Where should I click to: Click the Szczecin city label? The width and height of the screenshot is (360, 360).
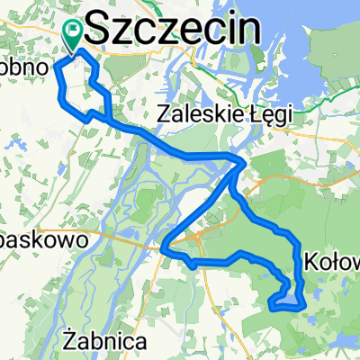[176, 27]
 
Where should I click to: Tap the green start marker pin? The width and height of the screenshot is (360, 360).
[73, 33]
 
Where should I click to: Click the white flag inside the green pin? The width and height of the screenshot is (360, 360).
[73, 30]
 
